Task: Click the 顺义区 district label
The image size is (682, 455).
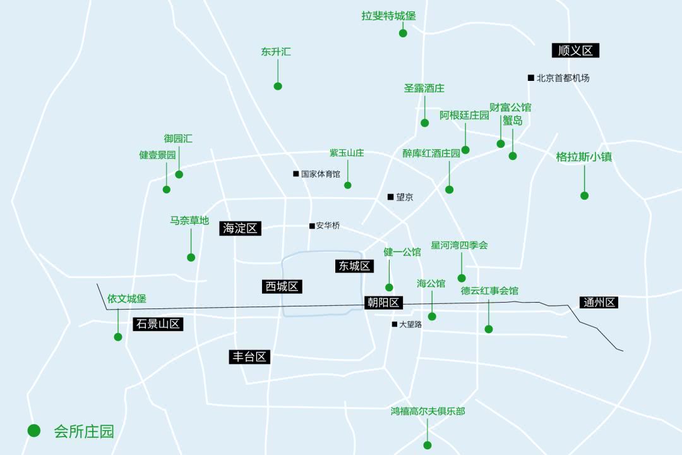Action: [575, 51]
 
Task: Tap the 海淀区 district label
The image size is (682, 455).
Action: [241, 228]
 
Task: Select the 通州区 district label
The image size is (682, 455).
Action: [599, 303]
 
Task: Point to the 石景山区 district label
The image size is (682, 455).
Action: [158, 324]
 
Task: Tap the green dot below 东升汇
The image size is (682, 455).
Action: [278, 86]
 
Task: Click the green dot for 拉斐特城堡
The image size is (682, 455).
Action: [403, 33]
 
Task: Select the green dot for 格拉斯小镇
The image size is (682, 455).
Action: [584, 195]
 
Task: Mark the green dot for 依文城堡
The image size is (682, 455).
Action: [118, 337]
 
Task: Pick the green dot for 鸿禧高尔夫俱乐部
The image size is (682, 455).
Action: [428, 445]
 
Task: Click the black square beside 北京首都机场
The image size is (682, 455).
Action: [531, 78]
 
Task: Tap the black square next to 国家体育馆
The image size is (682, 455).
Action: [296, 174]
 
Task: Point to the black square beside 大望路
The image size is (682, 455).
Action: [395, 324]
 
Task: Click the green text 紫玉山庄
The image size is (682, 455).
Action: [347, 154]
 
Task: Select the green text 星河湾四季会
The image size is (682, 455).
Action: [459, 245]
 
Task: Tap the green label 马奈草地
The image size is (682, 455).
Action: [189, 221]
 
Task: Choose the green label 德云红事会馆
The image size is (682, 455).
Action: [489, 291]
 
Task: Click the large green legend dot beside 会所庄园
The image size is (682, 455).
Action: [34, 430]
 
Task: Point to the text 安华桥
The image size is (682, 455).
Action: [328, 226]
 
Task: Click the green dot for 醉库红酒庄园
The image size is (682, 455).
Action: [449, 189]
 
